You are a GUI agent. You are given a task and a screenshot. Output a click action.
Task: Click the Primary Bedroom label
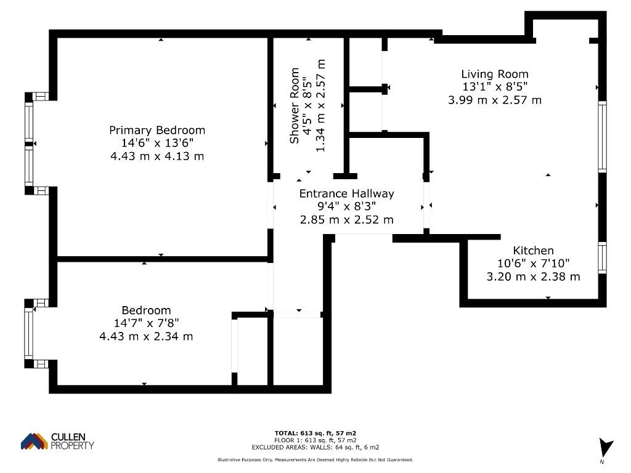pos(157,131)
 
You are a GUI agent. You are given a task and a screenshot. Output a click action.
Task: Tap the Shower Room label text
pos(295,106)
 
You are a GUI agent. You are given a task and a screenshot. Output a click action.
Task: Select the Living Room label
pos(495,74)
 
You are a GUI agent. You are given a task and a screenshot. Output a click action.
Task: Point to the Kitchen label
pos(533,251)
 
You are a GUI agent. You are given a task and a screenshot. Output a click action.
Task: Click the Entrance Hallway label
pos(346,193)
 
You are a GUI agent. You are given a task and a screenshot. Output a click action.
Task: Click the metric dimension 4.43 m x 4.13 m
pos(157,156)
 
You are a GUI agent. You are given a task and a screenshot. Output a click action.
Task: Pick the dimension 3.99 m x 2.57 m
pos(495,100)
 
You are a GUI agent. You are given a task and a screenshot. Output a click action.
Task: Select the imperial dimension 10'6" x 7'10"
pos(533,264)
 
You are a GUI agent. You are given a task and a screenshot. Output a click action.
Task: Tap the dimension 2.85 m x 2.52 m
pos(346,220)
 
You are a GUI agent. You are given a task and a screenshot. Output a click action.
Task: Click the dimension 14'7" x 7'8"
pos(146,323)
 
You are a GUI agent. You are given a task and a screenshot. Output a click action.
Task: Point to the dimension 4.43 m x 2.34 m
pos(146,336)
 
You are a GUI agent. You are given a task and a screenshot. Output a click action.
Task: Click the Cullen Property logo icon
pos(35,441)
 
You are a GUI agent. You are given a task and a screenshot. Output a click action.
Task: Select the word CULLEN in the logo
pos(68,437)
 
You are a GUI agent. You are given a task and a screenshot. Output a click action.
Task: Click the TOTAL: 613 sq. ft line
pos(315,433)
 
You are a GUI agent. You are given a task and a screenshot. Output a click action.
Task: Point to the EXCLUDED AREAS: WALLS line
pos(315,447)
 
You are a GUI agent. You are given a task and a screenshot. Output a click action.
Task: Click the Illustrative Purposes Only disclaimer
pos(315,459)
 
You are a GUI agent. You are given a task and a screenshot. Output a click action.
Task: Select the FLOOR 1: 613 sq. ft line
pos(315,440)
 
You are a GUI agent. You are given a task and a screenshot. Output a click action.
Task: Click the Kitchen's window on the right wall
pos(602,258)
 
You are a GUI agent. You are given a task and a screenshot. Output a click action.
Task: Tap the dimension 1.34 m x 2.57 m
pos(320,106)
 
